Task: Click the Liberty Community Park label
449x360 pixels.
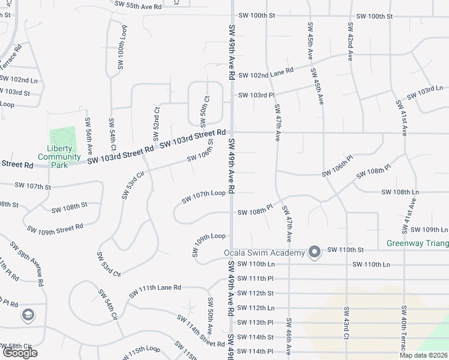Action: [x=59, y=153]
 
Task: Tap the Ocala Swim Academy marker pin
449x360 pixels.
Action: [x=314, y=252]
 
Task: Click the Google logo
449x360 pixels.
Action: [x=20, y=353]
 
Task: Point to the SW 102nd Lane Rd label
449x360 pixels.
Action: [x=265, y=75]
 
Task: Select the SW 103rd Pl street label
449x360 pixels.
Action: [x=256, y=95]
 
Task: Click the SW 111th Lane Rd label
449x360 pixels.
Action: [x=155, y=291]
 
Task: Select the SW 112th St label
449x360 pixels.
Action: [x=256, y=293]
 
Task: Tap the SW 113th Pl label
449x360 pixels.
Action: [x=256, y=322]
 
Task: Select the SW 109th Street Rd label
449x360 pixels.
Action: [x=55, y=228]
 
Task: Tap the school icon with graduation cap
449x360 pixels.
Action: [x=28, y=314]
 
